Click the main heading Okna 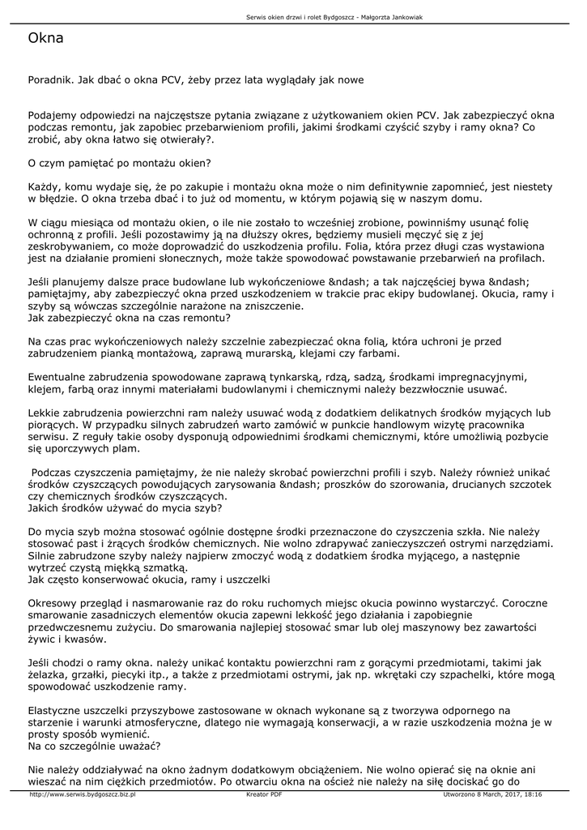click(45, 37)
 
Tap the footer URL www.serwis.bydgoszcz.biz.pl click(82, 794)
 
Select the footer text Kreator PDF click(264, 794)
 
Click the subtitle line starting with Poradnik click(196, 80)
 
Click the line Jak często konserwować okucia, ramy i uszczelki click(148, 580)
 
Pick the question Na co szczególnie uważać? click(94, 744)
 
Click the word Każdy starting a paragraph click(45, 186)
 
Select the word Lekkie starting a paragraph click(44, 413)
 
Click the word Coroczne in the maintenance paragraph click(530, 604)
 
